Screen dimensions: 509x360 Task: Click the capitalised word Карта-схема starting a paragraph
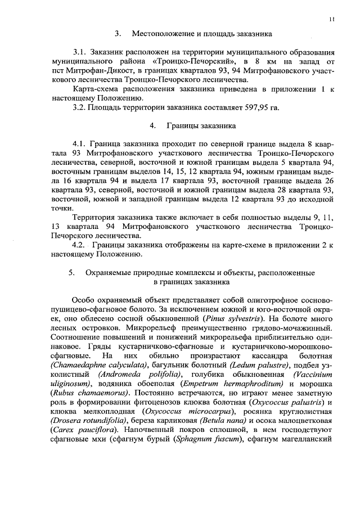coord(95,89)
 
